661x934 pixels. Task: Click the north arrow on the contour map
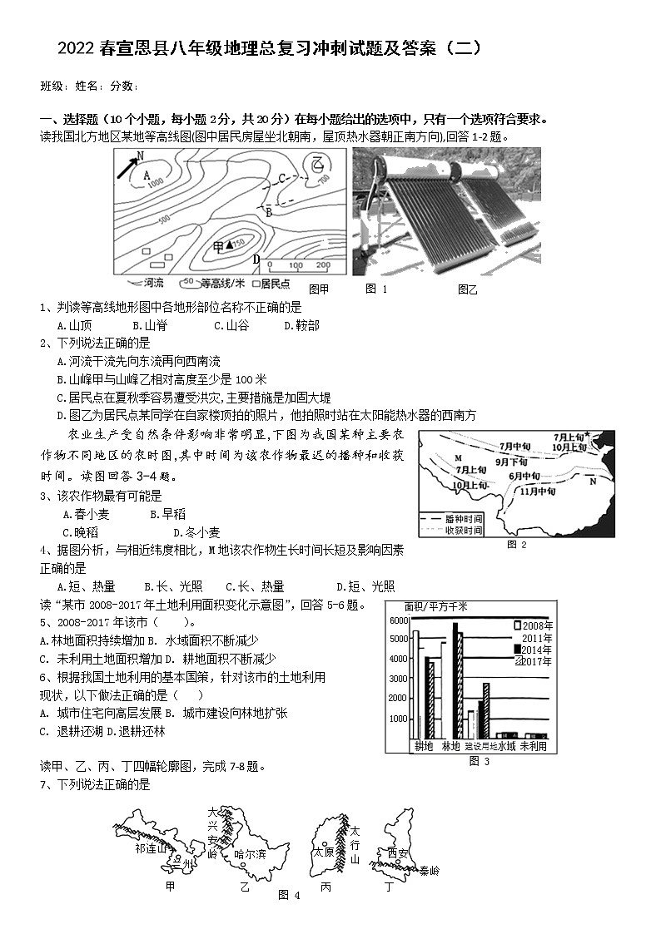[127, 166]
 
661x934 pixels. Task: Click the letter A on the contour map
[147, 175]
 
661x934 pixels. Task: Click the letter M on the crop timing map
[457, 458]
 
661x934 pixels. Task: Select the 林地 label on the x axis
[450, 747]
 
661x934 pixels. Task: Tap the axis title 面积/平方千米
[435, 606]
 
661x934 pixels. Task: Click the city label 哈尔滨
[250, 853]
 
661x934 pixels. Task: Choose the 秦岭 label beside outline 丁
[429, 871]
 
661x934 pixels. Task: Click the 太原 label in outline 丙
[322, 852]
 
